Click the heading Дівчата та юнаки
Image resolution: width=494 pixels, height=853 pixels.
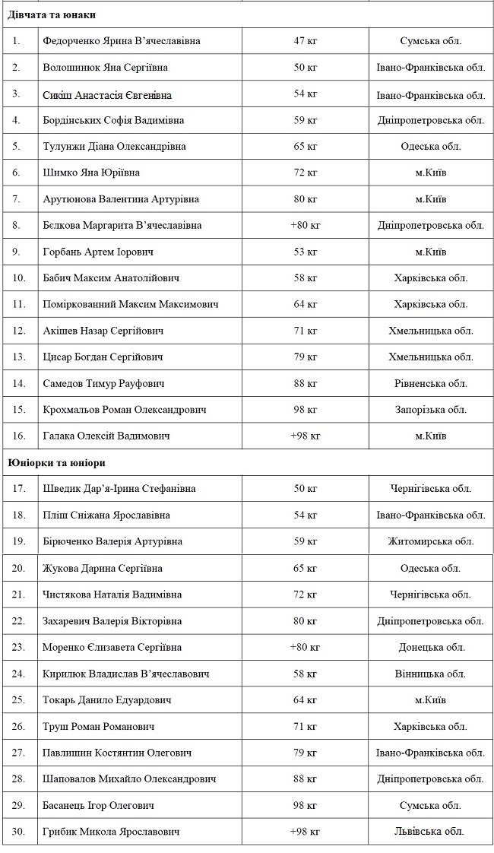click(x=52, y=14)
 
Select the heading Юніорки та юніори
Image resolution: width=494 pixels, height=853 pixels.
click(x=56, y=462)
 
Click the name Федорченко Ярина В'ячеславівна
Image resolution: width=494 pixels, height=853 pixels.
click(x=122, y=41)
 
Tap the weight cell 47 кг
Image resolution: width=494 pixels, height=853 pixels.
click(x=305, y=41)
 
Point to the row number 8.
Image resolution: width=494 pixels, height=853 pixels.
click(x=17, y=226)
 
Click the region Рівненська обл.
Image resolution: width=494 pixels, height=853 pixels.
click(x=430, y=384)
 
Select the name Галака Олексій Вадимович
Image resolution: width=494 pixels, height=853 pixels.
click(x=106, y=436)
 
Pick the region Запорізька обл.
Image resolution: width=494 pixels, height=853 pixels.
click(x=430, y=410)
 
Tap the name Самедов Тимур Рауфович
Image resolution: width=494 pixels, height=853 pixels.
click(x=104, y=384)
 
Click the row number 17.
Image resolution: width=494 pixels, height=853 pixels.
click(x=19, y=489)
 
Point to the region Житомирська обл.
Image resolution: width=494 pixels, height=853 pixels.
click(x=430, y=541)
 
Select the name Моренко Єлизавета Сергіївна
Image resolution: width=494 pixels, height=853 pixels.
click(x=112, y=647)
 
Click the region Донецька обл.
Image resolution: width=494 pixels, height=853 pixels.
click(x=430, y=647)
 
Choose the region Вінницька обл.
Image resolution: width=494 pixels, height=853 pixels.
click(x=430, y=674)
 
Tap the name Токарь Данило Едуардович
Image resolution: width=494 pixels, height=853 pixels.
click(x=107, y=700)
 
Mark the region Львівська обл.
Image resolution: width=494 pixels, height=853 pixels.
click(x=430, y=832)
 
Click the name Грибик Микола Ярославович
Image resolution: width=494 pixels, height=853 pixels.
click(x=112, y=832)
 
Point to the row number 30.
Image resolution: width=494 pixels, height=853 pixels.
click(x=19, y=832)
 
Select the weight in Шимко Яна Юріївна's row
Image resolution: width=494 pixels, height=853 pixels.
click(x=305, y=173)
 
